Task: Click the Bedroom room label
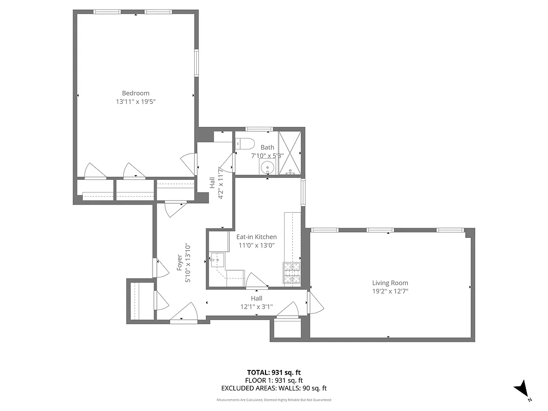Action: [x=136, y=93]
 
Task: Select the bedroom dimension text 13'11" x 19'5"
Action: [x=136, y=102]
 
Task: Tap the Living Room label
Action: [x=390, y=283]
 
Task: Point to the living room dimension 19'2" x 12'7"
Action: [x=390, y=291]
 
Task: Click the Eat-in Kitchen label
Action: [x=256, y=237]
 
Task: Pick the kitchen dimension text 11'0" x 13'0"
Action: [x=256, y=246]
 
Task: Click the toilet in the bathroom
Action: [x=244, y=143]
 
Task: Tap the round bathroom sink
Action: [x=267, y=167]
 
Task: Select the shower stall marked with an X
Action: [x=289, y=153]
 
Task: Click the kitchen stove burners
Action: [x=291, y=272]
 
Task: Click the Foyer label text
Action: [x=180, y=263]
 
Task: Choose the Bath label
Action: [x=267, y=147]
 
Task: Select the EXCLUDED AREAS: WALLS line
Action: [x=274, y=388]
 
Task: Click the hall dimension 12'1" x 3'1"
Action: [x=256, y=307]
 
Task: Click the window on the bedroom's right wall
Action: [x=196, y=63]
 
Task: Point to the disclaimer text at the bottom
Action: [x=274, y=400]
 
